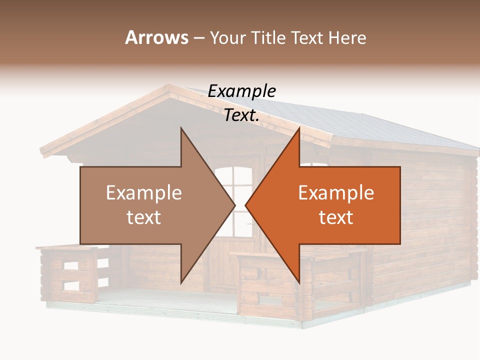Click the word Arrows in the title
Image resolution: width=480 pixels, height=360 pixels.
click(x=156, y=37)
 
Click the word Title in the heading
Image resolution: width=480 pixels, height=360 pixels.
click(x=270, y=37)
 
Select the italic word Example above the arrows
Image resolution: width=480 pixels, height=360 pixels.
click(x=241, y=91)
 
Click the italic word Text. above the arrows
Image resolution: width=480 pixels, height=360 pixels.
click(x=241, y=115)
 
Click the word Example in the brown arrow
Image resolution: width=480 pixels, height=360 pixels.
click(x=144, y=193)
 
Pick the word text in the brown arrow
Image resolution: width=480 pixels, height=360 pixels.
click(x=144, y=217)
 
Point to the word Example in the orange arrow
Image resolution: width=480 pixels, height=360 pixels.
click(x=336, y=193)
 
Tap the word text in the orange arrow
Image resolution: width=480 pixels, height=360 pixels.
click(x=336, y=217)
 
